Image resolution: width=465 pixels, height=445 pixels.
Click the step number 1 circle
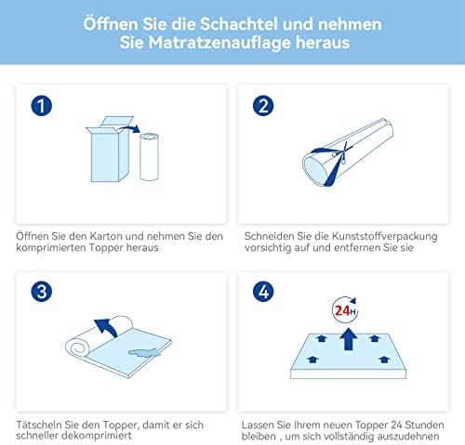[x=41, y=106]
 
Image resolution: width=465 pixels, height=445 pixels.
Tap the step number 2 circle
[x=263, y=106]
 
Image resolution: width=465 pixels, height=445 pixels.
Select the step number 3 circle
[x=41, y=292]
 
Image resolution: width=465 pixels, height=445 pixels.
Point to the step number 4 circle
[x=263, y=292]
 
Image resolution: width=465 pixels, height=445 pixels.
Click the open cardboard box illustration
[x=110, y=150]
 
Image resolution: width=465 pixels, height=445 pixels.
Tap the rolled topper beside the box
[x=149, y=156]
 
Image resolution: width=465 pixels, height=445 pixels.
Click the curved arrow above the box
[x=129, y=128]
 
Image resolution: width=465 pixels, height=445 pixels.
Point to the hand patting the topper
[x=144, y=352]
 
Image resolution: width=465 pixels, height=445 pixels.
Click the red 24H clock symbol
[x=345, y=309]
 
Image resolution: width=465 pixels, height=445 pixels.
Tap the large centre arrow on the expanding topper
[x=348, y=339]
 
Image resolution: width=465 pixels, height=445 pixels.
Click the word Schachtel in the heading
[x=238, y=24]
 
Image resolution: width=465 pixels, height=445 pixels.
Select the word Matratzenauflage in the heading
[x=219, y=43]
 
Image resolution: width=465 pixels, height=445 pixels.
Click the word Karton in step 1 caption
[x=106, y=236]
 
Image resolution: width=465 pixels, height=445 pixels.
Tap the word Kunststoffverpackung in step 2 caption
[x=384, y=236]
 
